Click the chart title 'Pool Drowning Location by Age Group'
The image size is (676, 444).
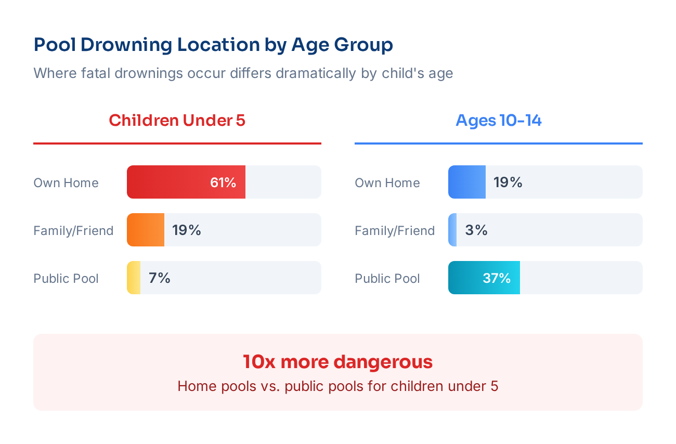[x=213, y=45]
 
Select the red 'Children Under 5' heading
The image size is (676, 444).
[x=177, y=121]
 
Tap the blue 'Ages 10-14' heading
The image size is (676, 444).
[x=498, y=121]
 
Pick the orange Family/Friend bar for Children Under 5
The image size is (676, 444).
[x=146, y=230]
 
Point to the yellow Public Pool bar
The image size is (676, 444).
[x=134, y=278]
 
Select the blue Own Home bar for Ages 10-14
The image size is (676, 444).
[x=467, y=182]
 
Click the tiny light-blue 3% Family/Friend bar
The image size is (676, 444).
[x=452, y=230]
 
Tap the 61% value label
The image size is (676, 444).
[x=223, y=182]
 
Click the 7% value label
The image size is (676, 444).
[x=160, y=278]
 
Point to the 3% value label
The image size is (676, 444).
[x=476, y=230]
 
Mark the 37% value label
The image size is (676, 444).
[x=497, y=278]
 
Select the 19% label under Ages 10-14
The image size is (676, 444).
[x=508, y=182]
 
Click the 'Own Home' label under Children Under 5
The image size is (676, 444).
[x=66, y=183]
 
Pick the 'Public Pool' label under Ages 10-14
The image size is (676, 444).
[x=387, y=279]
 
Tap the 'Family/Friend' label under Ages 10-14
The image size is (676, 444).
[x=395, y=231]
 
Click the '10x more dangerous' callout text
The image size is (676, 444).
[x=338, y=362]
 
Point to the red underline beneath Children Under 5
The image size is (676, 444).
[x=177, y=143]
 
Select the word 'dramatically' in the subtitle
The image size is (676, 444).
[x=316, y=73]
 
